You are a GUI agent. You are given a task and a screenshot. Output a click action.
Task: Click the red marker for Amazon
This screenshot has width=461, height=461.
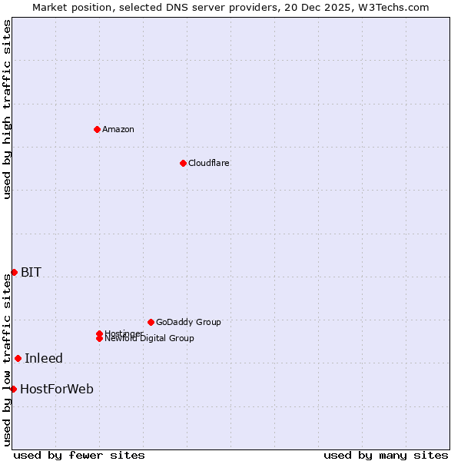[x=97, y=129]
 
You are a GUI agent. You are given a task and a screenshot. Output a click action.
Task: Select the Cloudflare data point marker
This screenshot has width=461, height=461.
[x=183, y=163]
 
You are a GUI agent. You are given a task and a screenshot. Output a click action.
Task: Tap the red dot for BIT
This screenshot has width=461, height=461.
[x=14, y=272]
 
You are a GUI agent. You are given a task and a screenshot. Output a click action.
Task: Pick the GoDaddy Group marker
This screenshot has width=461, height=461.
[x=151, y=322]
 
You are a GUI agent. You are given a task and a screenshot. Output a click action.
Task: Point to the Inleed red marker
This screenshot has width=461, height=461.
[x=18, y=358]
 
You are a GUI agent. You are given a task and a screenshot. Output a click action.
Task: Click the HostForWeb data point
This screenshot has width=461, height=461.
[x=13, y=389]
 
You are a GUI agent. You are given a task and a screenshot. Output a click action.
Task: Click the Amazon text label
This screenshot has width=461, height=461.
[x=118, y=129]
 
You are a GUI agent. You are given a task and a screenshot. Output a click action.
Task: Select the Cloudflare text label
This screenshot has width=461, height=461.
[x=209, y=163]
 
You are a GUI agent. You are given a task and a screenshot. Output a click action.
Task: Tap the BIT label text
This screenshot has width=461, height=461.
[x=31, y=272]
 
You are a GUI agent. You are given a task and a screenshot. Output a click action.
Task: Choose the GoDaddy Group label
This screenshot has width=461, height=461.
[x=188, y=322]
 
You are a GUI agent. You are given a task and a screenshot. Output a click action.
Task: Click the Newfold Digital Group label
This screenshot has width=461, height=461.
[x=150, y=339]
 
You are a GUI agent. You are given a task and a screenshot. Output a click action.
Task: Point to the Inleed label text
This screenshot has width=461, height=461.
[x=44, y=358]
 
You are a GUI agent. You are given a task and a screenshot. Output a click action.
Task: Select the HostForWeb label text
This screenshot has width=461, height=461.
[x=57, y=389]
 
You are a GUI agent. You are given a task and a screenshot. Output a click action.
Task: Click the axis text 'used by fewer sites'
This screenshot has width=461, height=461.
[x=79, y=456]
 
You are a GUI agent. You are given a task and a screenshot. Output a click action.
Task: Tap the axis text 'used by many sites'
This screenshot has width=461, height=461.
[x=386, y=456]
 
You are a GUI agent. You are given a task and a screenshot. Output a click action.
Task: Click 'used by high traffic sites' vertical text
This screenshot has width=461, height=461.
[x=7, y=109]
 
